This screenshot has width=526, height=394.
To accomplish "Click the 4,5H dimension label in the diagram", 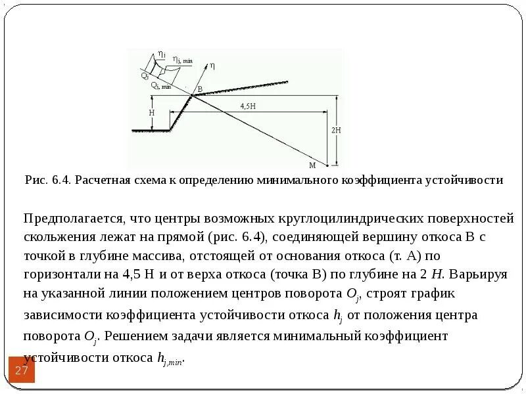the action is pyautogui.click(x=248, y=106).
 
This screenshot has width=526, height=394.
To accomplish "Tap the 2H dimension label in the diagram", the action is pyautogui.click(x=336, y=131).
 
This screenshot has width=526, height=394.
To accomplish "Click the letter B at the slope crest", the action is pyautogui.click(x=200, y=89).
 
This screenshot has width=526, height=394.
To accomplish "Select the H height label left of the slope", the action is pyautogui.click(x=151, y=113).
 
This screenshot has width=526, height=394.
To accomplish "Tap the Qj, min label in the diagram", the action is pyautogui.click(x=161, y=85).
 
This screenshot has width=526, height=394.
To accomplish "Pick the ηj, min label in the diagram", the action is pyautogui.click(x=182, y=60).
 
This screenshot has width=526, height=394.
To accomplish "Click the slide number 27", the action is pyautogui.click(x=22, y=372).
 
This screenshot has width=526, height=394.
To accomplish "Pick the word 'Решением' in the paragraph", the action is pyautogui.click(x=132, y=336).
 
